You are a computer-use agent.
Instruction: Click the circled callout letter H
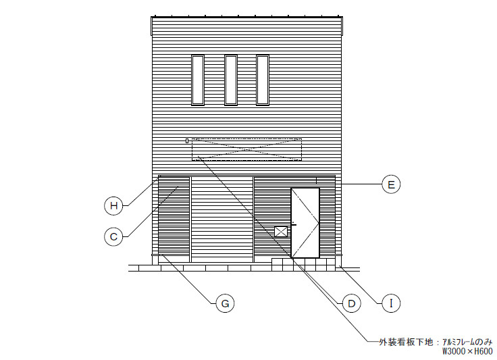coord(113,206)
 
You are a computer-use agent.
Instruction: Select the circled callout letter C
coord(113,236)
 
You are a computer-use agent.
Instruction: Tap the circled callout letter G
coord(225,303)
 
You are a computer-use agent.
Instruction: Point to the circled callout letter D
coord(352,303)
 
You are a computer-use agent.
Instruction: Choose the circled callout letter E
coord(391,184)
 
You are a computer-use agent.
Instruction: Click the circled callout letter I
coord(391,303)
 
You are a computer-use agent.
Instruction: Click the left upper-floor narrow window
coord(198,80)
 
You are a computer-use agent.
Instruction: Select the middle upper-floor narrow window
coord(231,80)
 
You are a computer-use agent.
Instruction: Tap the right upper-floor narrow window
coord(263,80)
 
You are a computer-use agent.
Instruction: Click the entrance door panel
coord(305,223)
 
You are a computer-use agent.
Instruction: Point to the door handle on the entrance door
coord(294,225)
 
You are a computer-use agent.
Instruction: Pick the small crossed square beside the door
coord(281,232)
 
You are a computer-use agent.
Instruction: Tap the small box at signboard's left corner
coord(187,140)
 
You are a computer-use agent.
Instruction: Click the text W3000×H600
coord(467,351)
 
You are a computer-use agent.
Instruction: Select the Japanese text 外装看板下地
coord(406,342)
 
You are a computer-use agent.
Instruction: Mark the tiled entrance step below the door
coord(303,265)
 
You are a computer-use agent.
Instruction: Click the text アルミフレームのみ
coord(467,342)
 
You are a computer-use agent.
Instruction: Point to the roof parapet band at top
coord(247,26)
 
